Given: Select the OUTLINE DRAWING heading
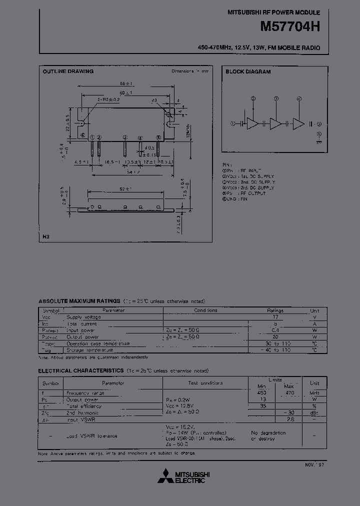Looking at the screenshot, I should (68, 71).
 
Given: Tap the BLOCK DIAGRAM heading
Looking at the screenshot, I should (248, 71).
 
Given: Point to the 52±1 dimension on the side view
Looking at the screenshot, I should (125, 189).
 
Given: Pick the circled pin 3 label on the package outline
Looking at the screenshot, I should (125, 137).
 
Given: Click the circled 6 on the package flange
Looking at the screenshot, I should (82, 135).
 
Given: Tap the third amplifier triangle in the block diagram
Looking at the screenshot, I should (298, 123).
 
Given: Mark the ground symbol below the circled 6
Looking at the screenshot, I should (318, 141).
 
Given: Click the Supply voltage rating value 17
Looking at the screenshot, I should (274, 317).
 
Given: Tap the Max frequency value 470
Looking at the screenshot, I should (289, 393).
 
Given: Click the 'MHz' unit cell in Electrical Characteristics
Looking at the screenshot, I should (314, 393).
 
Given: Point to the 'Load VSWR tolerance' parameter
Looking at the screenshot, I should (92, 436).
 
